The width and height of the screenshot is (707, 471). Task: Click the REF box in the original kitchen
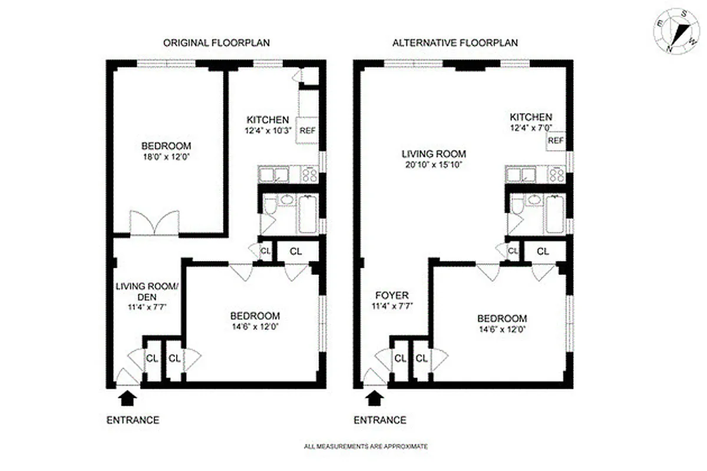coord(308,131)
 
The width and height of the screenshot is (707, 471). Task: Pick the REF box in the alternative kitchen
coord(556,141)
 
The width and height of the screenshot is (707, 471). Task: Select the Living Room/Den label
coord(146,291)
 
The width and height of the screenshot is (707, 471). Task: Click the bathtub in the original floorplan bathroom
coord(307,215)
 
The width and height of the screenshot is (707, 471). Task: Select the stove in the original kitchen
coord(309,175)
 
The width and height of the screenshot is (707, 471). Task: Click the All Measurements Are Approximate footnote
coord(366,447)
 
